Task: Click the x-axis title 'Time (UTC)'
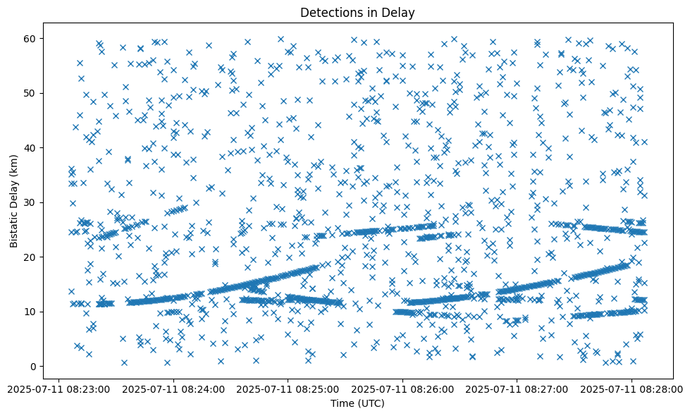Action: [357, 403]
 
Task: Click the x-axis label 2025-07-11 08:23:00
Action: [58, 389]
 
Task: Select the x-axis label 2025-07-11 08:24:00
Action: [173, 389]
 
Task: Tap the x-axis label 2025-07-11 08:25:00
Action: [288, 389]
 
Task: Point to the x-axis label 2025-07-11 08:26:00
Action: [403, 389]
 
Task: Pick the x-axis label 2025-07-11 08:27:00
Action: [517, 389]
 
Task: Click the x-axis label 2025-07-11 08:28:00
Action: [632, 389]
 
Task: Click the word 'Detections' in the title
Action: [328, 12]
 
